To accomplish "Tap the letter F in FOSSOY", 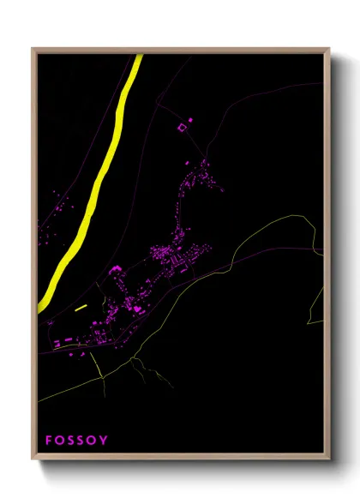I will (x=49, y=441).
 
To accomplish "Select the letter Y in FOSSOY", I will (x=105, y=441).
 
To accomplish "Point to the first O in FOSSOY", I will (x=60, y=441).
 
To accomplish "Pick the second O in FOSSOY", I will (x=93, y=441).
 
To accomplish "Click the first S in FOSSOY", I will (x=71, y=441).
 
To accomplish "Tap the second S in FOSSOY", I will (x=82, y=441).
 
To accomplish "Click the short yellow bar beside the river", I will (x=81, y=306).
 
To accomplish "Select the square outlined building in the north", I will (x=181, y=128).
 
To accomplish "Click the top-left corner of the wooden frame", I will (x=33, y=49).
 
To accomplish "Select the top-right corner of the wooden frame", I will (x=329, y=49).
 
